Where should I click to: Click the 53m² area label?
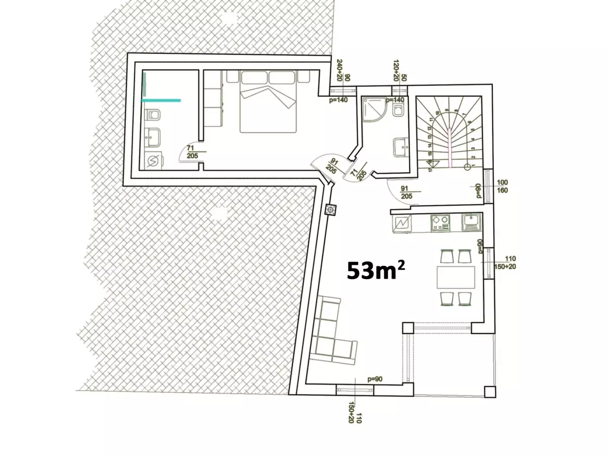[376, 272]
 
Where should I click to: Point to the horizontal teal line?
[161, 100]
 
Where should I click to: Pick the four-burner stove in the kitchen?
[440, 223]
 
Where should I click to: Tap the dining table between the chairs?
[456, 278]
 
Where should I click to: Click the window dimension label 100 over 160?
[503, 186]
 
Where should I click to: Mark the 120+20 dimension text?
[396, 70]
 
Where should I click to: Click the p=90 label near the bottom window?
[375, 379]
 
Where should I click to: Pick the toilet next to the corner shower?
[398, 110]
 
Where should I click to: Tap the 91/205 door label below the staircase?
[406, 192]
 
